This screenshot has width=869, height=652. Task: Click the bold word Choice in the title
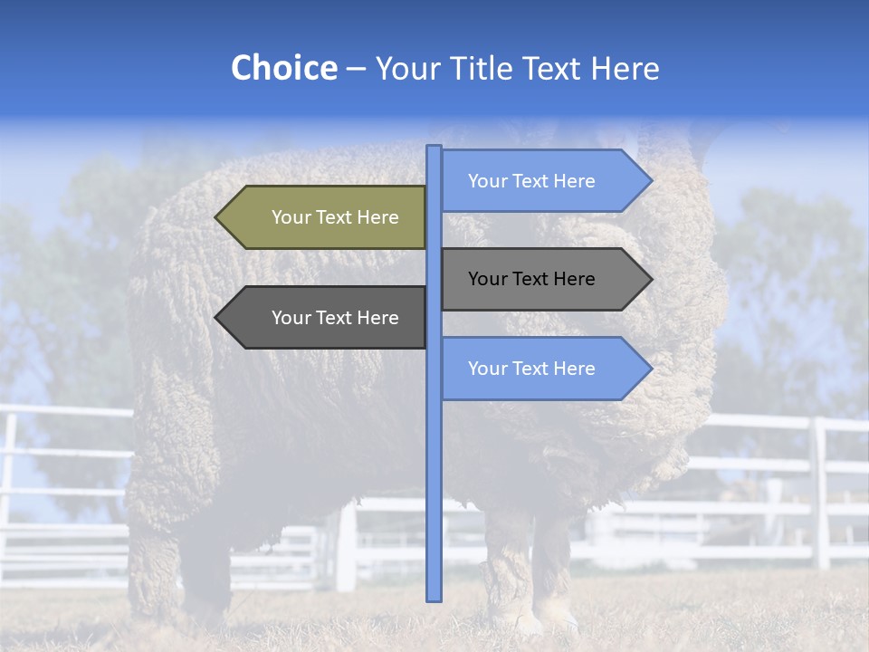coord(283,68)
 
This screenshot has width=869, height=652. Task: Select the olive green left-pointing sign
coord(326,217)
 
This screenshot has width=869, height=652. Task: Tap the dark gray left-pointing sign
coord(326,318)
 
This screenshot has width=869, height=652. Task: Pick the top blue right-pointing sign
coord(539,181)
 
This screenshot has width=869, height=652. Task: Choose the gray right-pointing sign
coord(539,279)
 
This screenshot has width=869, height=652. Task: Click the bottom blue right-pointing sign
coord(539,369)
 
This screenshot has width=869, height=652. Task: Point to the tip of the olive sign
coord(217,217)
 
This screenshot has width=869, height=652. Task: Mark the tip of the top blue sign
coord(650,181)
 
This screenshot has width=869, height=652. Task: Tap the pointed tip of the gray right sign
coord(650,279)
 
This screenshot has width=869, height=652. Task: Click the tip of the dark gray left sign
coord(217,318)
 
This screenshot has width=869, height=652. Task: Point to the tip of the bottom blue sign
coord(650,369)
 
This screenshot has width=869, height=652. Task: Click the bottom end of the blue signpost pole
coord(434,598)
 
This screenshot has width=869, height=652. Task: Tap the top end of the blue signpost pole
coord(434,149)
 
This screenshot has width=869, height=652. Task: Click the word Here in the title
coord(625,68)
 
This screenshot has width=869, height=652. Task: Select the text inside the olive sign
coord(335,217)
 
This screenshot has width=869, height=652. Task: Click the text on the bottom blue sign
coord(531,369)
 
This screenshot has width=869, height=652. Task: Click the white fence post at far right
coord(820,494)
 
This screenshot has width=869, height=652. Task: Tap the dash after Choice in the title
coord(356,69)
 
